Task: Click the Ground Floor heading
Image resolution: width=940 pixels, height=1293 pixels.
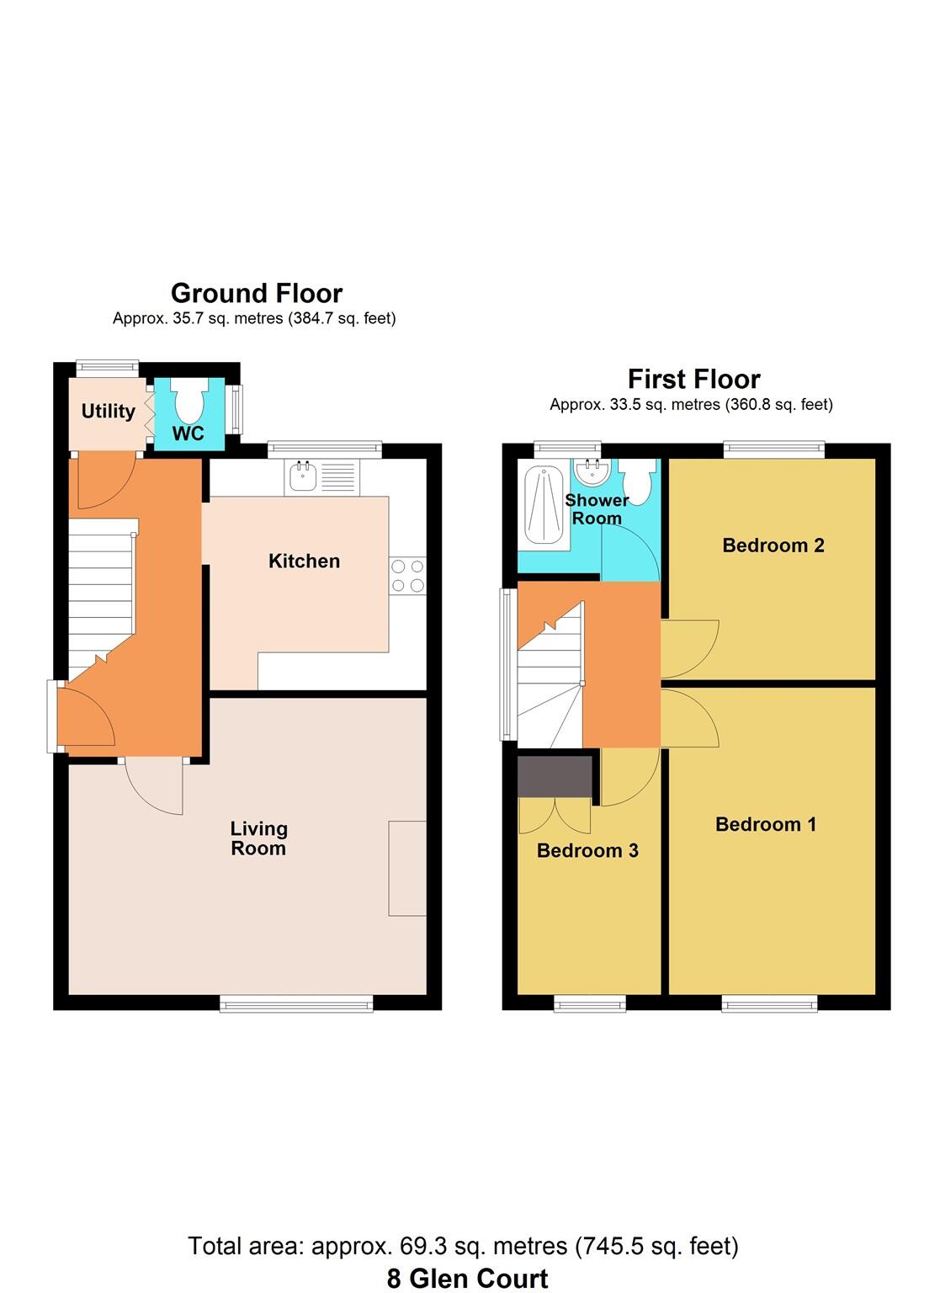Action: [257, 293]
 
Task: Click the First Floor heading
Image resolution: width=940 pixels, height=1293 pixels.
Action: [693, 379]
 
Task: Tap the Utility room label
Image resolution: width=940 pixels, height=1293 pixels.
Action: [108, 411]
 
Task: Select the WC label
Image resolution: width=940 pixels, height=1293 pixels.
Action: [189, 434]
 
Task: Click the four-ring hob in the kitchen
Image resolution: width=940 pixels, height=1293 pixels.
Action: [408, 576]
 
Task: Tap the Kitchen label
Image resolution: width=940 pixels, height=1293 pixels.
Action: [304, 561]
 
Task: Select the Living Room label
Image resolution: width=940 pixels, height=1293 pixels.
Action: [258, 838]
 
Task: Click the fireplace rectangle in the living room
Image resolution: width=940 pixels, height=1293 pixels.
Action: [407, 868]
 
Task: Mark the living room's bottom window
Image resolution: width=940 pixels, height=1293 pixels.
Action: [296, 1002]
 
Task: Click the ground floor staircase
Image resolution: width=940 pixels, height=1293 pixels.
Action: [101, 589]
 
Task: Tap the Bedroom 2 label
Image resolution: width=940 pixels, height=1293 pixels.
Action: [773, 545]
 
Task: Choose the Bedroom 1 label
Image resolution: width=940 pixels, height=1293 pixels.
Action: [765, 825]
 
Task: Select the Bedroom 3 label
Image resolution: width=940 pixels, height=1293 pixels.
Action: [587, 851]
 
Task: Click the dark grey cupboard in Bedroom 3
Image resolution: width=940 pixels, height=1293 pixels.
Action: [555, 775]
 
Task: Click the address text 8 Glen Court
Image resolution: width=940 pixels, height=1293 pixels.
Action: [467, 1278]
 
